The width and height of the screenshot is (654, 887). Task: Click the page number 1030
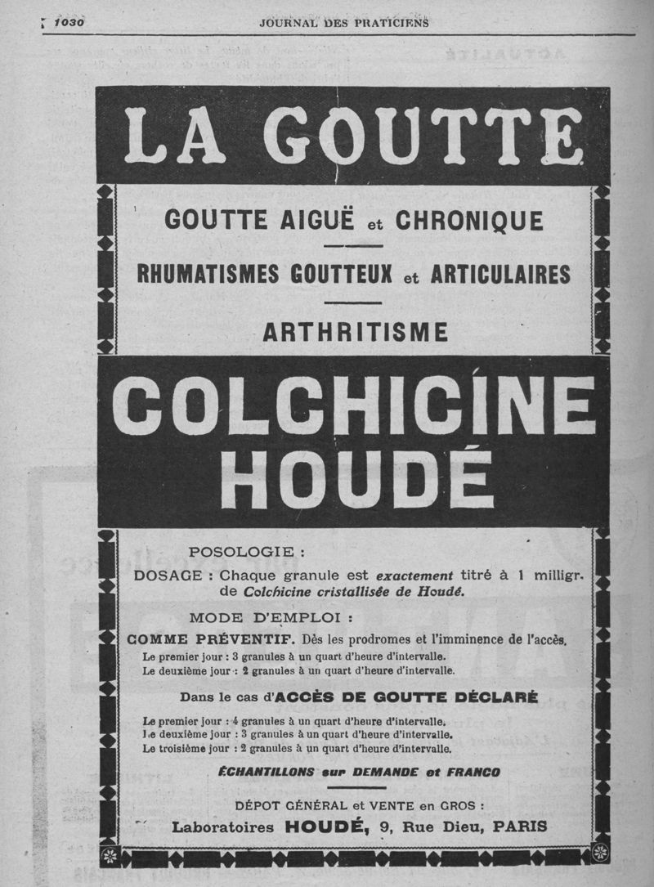pos(69,23)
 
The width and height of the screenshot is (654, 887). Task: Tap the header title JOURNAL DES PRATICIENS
pos(344,23)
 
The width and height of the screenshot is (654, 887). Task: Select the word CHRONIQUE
pos(469,221)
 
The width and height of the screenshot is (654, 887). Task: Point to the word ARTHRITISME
pos(356,332)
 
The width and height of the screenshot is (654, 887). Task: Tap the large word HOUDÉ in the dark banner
pos(356,478)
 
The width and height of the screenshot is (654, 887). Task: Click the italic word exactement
pos(414,575)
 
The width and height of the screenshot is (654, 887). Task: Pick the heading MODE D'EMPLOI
pos(271,617)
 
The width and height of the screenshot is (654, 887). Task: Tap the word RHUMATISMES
pos(208,274)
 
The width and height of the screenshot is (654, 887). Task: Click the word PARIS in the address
pos(519,827)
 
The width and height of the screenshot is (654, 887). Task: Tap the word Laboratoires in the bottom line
pos(223,827)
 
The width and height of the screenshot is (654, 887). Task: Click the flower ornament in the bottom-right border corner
pos(601,853)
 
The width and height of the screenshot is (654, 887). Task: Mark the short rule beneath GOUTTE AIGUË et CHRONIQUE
pos(353,245)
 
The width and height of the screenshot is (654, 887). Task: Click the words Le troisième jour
pos(185,748)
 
